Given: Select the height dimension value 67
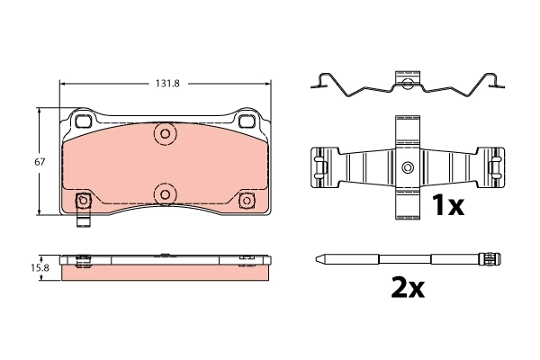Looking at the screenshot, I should pos(40,162).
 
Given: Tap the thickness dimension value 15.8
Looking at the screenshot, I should pos(40,267).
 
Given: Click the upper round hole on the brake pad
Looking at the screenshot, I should pos(165,134).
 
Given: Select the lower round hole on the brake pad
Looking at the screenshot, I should pos(165,193).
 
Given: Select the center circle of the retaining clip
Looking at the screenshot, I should pos(407,168).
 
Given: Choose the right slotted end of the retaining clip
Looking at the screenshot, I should pos(495,168).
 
